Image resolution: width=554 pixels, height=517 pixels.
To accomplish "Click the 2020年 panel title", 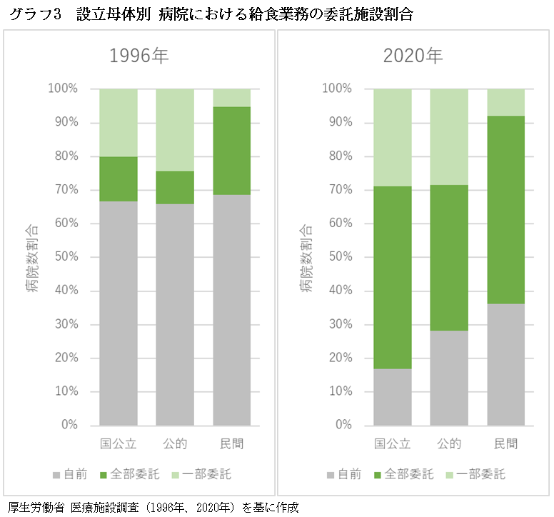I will [413, 56].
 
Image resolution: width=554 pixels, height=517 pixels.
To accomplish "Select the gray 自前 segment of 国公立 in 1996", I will [119, 313].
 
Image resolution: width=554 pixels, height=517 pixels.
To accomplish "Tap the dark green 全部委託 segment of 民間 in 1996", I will [232, 151].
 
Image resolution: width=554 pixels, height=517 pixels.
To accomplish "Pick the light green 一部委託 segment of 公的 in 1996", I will [175, 130].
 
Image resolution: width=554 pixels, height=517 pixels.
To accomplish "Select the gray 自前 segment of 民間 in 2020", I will [506, 364].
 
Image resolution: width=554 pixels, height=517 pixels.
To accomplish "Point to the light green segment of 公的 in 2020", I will [449, 136].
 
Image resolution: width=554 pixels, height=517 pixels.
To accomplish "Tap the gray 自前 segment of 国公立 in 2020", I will [393, 396].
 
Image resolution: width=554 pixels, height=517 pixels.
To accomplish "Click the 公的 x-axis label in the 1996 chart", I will [175, 444].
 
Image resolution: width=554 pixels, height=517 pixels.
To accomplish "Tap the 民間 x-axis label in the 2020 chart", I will [506, 444].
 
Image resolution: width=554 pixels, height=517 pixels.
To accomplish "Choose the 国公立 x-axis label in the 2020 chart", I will [393, 444].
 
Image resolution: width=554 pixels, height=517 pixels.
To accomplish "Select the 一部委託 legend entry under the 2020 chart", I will [479, 474].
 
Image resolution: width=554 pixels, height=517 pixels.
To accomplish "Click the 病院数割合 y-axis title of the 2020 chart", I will [306, 258].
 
